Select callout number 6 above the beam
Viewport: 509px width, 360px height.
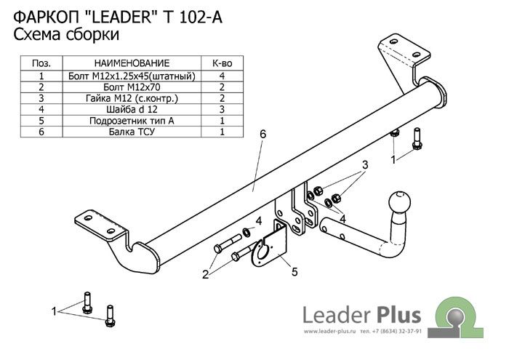tap(262, 134)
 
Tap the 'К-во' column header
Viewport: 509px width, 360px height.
tap(221, 64)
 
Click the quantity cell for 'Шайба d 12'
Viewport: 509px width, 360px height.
tap(221, 109)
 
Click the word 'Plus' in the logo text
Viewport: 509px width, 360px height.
tap(399, 315)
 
